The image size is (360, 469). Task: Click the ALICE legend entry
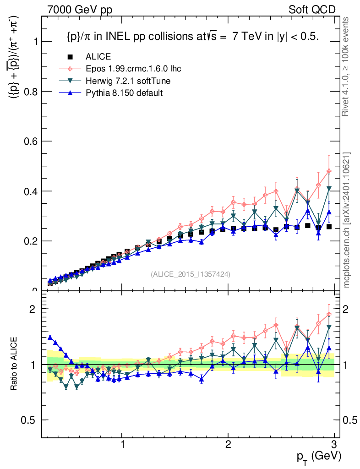click(x=98, y=57)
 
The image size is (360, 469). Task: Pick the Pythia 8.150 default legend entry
click(x=124, y=93)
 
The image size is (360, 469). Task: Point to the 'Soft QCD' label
click(x=312, y=10)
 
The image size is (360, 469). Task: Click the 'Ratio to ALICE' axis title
click(x=15, y=364)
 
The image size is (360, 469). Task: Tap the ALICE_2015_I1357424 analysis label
click(x=190, y=274)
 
